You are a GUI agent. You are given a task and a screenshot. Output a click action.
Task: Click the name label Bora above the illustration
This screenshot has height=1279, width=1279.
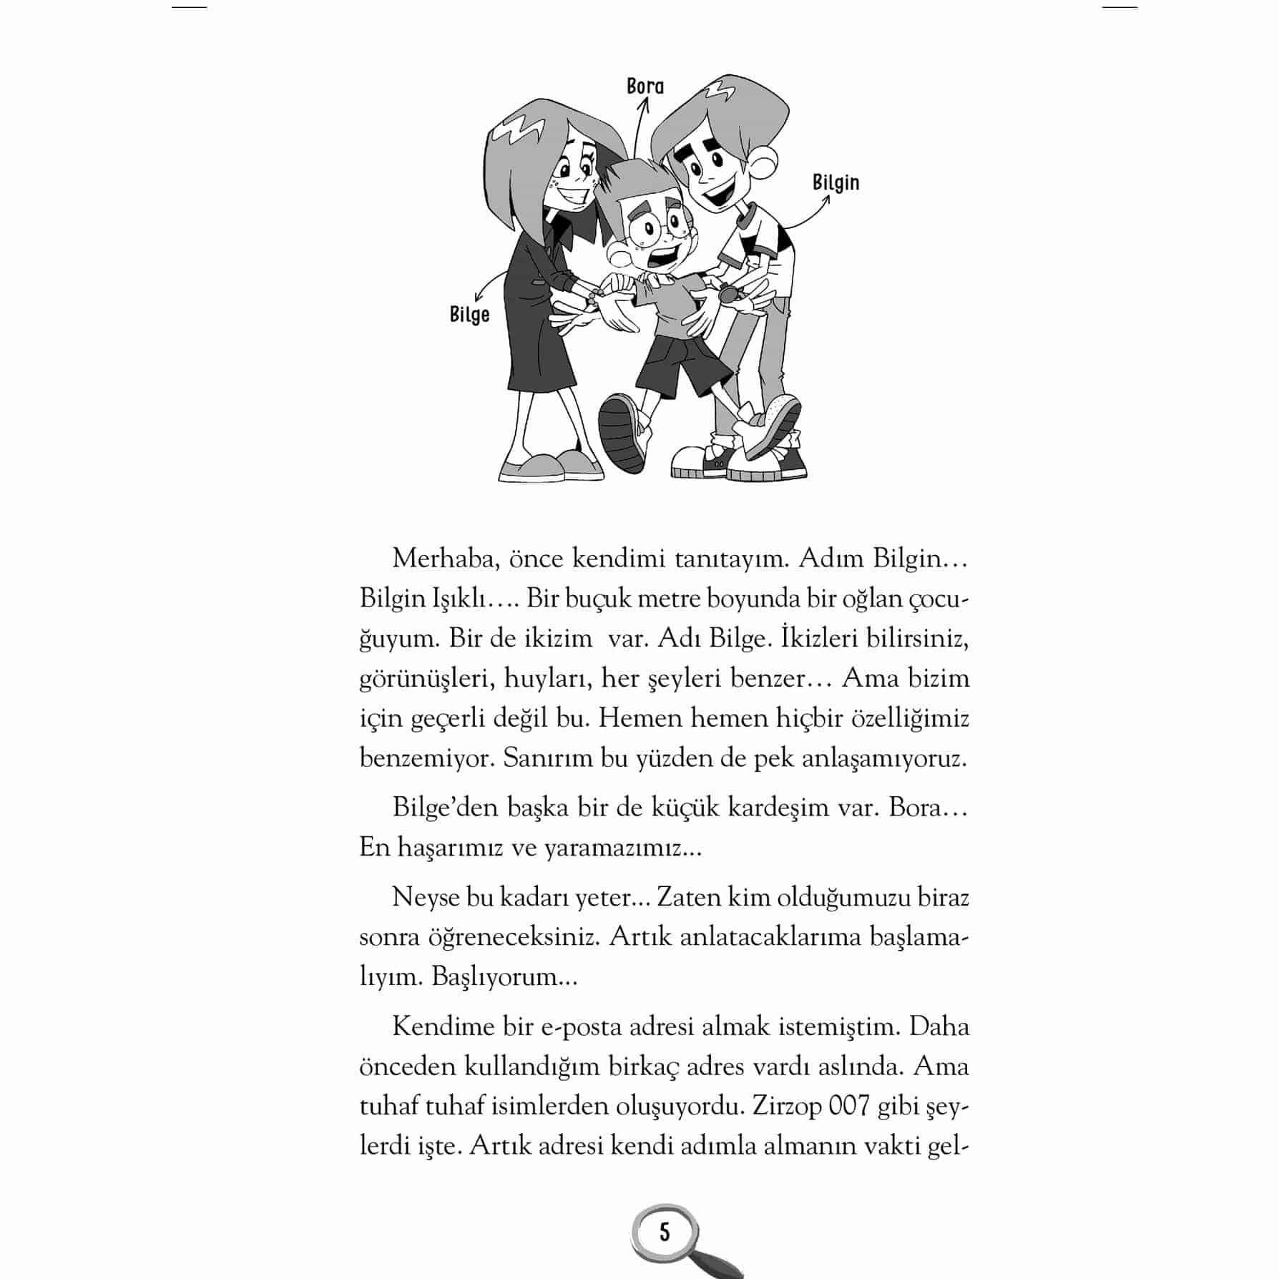pyautogui.click(x=645, y=87)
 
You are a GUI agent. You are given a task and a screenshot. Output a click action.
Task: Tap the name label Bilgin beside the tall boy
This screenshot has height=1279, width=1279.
pyautogui.click(x=835, y=182)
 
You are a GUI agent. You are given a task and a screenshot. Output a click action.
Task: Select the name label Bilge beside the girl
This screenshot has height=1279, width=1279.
pyautogui.click(x=469, y=315)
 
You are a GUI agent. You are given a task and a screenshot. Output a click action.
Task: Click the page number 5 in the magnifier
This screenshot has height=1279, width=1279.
pyautogui.click(x=665, y=1233)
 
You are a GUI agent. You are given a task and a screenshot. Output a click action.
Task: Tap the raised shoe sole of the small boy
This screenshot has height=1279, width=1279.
pyautogui.click(x=621, y=433)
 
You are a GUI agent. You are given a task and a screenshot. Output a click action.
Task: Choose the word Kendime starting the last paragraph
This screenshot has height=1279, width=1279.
pyautogui.click(x=442, y=1026)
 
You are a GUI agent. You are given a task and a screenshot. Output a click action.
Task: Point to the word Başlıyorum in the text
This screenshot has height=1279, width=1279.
pyautogui.click(x=503, y=977)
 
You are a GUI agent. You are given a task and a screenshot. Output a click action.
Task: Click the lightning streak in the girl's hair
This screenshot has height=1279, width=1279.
pyautogui.click(x=521, y=132)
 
